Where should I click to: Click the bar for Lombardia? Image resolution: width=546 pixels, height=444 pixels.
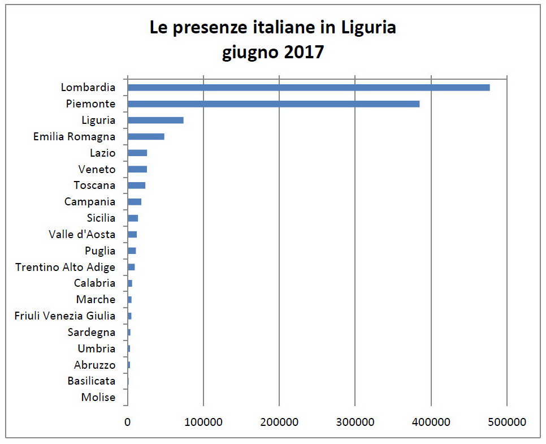(309, 88)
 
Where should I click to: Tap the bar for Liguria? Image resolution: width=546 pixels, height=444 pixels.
(155, 120)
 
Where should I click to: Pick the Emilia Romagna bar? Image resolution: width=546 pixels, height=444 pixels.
(146, 136)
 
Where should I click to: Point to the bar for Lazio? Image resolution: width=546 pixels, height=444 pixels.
(137, 153)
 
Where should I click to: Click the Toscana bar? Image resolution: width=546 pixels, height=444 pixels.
(136, 186)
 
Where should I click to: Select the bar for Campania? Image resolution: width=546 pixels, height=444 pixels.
(135, 202)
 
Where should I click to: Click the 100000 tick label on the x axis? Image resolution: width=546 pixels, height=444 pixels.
(203, 422)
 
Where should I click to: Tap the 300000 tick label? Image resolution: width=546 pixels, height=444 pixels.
(355, 422)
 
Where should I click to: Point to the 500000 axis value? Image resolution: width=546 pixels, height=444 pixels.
(507, 422)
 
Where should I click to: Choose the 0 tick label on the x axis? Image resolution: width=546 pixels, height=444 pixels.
(128, 422)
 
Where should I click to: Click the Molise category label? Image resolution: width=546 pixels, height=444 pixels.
(98, 398)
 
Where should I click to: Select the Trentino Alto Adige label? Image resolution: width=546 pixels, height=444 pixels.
(65, 267)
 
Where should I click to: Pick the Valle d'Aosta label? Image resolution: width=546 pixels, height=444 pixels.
(82, 234)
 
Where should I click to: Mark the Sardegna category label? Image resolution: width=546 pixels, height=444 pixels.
(91, 333)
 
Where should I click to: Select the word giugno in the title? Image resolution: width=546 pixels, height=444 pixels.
(247, 53)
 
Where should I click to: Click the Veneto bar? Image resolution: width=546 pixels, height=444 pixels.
(137, 169)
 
